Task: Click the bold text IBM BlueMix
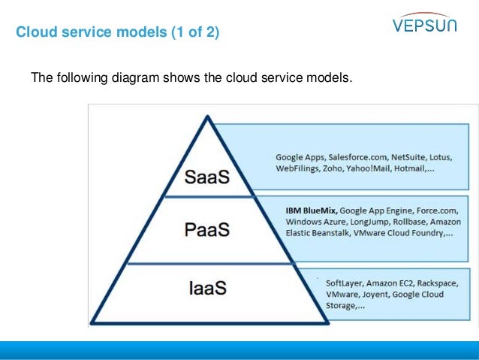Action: (x=311, y=210)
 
